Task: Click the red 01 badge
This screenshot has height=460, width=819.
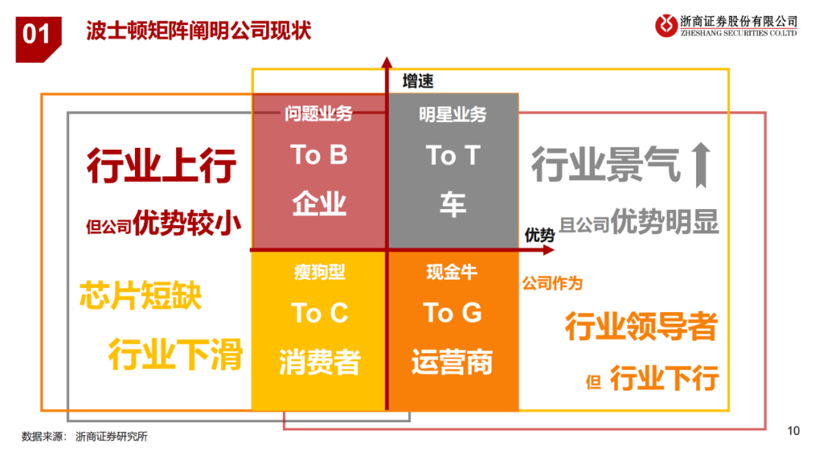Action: pos(38,39)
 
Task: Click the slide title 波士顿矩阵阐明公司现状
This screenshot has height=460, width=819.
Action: pos(199,30)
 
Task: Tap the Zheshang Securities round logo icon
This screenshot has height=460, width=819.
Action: pos(666,25)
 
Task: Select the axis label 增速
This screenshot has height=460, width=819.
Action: pos(418,81)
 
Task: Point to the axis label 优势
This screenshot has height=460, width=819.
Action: pos(539,235)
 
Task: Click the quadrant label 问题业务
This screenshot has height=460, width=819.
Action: pos(318,114)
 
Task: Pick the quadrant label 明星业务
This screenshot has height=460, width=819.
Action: pos(452,114)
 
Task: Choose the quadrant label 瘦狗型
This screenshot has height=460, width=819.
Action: pos(319,271)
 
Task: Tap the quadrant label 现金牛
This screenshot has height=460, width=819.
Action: pos(452,271)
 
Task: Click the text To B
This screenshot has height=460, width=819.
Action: pos(318,155)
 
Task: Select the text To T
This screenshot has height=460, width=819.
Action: pos(453,155)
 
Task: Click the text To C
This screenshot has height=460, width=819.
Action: pos(319,313)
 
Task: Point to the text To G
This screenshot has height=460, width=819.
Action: pos(452,313)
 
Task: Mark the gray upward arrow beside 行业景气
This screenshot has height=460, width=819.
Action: pos(701,165)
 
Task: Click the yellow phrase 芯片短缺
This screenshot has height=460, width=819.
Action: pos(140,296)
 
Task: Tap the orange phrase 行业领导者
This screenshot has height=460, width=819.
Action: pos(642,327)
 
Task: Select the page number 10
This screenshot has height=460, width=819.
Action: pos(793,430)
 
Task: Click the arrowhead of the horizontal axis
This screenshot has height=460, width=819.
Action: pos(549,250)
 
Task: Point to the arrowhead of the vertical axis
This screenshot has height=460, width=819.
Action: pos(387,62)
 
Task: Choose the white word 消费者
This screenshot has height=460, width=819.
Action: pos(319,361)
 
